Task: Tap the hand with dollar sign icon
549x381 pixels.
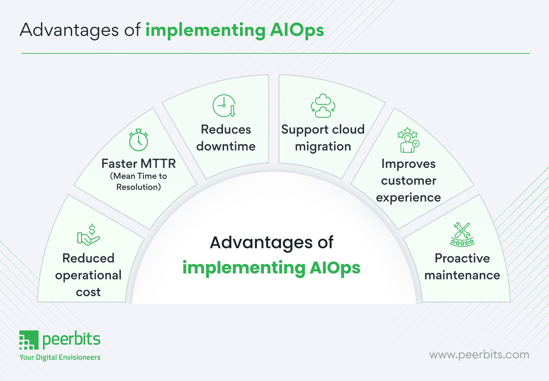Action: [88, 234]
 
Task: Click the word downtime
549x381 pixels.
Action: [226, 146]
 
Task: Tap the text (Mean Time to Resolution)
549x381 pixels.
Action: [138, 181]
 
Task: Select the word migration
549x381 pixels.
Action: [323, 146]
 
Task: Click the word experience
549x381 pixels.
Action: [408, 197]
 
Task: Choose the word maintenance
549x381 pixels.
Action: [462, 275]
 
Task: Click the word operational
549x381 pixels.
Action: [88, 275]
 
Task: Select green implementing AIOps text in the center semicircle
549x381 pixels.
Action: [271, 267]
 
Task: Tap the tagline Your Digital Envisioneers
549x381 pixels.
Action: [60, 357]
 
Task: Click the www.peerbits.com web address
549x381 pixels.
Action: [479, 355]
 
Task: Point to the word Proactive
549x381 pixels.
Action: [462, 258]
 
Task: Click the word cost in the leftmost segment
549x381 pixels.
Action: [88, 292]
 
